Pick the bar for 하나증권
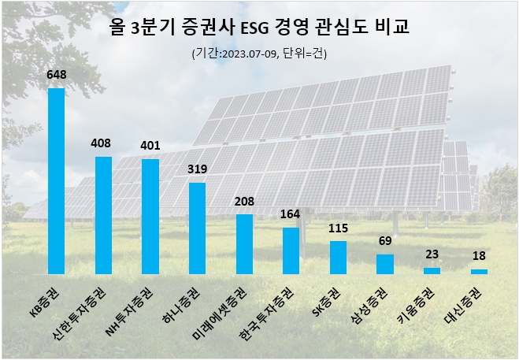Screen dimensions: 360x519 (197, 228)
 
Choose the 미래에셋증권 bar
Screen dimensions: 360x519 (244, 244)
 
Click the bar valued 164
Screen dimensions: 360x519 (291, 251)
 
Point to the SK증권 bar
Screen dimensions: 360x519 (338, 258)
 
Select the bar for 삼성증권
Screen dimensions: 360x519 (384, 264)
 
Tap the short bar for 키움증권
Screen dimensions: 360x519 (432, 270)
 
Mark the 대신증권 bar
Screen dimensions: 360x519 (478, 271)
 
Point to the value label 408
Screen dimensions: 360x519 (103, 144)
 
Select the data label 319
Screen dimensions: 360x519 (197, 169)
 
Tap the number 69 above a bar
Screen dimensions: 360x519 (384, 240)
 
